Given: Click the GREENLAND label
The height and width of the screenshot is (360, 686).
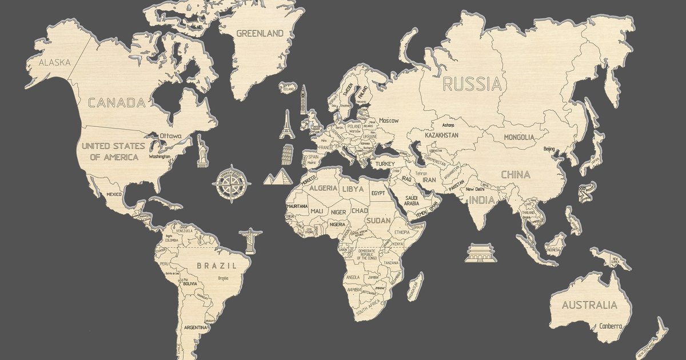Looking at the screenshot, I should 260,33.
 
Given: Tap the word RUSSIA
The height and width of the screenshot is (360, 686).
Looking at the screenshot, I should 472,85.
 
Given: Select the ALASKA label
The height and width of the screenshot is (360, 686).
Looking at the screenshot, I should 55,62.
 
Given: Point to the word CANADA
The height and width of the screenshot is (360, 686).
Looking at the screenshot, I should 116,103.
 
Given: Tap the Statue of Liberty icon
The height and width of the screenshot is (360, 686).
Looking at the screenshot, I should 202,151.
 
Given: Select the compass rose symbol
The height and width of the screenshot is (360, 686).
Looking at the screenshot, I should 231,185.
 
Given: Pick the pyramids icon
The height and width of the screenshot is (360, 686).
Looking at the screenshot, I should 277,177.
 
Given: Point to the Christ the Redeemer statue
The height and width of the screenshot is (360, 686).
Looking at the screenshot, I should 249,241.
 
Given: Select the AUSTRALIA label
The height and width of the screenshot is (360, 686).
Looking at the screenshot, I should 589,305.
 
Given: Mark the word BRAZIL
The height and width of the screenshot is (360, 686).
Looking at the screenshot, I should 217,266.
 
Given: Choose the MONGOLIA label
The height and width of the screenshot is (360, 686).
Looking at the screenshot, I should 519,137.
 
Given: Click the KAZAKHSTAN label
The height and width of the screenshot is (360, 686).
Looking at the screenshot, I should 441,135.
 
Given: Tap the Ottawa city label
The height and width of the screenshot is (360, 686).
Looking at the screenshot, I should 170,136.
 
